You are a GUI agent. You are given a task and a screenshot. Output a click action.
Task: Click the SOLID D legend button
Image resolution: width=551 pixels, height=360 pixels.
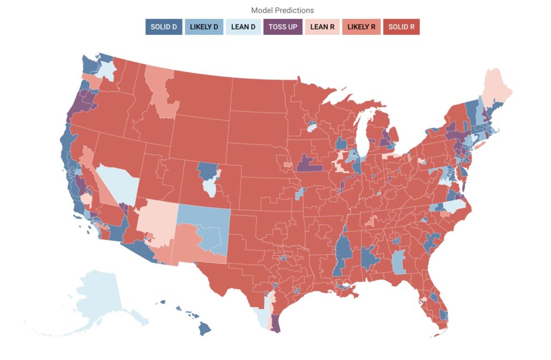pos(164,27)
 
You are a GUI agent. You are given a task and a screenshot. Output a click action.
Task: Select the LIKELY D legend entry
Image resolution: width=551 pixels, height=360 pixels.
pos(203,27)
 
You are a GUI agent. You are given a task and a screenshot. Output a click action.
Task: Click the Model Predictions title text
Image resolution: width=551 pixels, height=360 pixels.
pos(282,10)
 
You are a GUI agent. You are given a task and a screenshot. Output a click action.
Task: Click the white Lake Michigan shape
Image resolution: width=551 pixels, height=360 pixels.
pos(365,129)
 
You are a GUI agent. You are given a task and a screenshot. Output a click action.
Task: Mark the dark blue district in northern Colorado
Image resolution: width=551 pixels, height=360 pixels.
pos(207,171)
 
